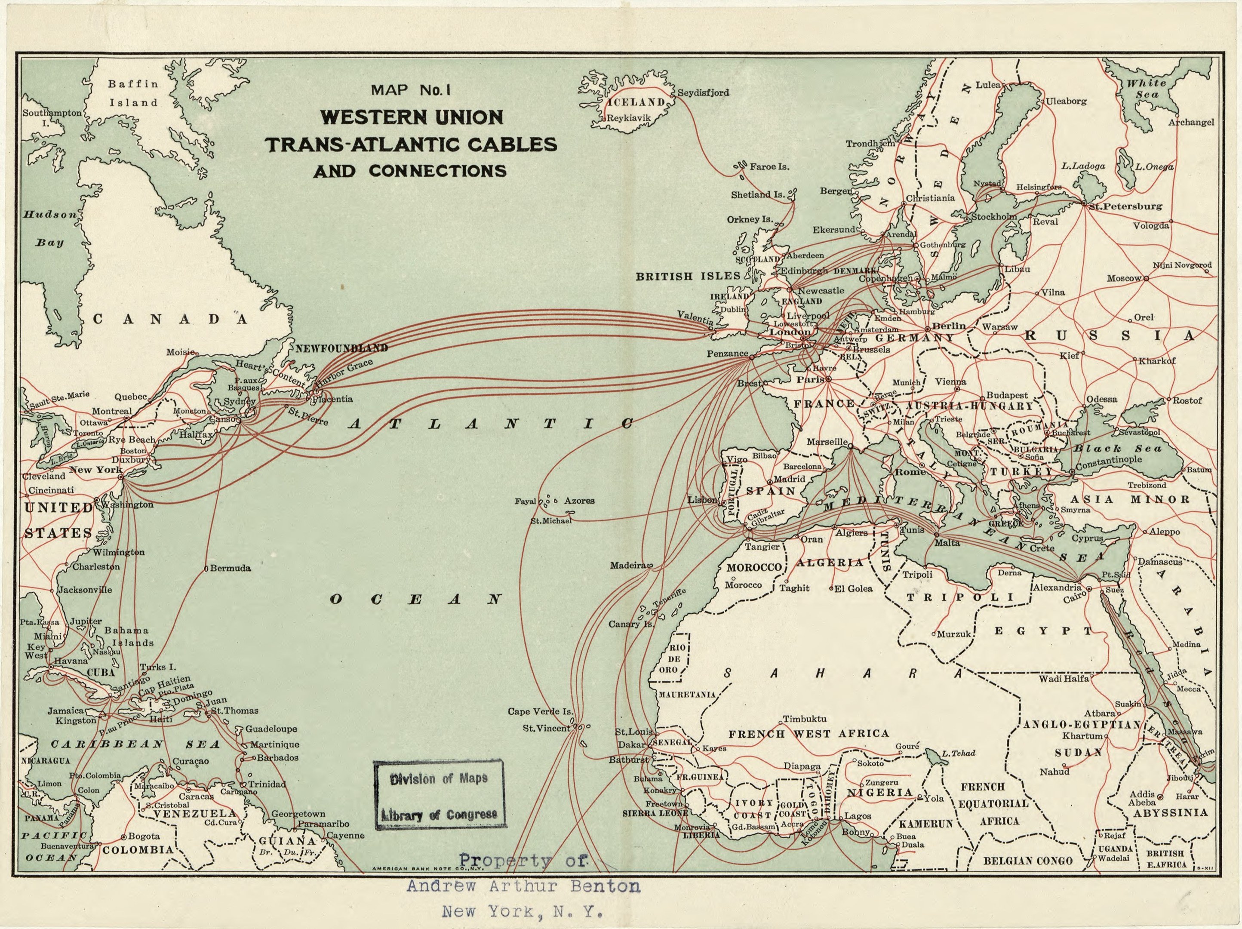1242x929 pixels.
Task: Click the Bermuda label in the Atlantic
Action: click(230, 568)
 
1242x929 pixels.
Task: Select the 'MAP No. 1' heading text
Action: click(411, 90)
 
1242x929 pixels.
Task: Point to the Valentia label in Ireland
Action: click(695, 317)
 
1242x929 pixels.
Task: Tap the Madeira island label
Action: click(628, 565)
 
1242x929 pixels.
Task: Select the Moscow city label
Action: click(1124, 278)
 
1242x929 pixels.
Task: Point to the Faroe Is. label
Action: click(769, 167)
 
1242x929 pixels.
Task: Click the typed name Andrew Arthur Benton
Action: click(523, 886)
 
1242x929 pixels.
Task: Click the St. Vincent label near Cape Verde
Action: click(546, 728)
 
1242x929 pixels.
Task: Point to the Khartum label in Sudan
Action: click(1082, 736)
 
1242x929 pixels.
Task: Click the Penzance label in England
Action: click(727, 353)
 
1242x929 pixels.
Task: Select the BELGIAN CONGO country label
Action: click(1027, 861)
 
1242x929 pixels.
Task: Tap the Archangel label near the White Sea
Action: click(1191, 123)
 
